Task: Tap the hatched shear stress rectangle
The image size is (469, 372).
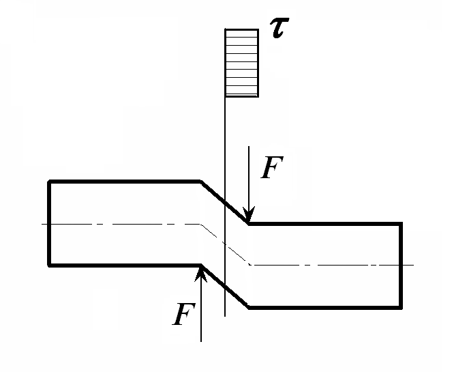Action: pyautogui.click(x=241, y=62)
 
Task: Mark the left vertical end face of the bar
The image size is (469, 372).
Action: pyautogui.click(x=49, y=223)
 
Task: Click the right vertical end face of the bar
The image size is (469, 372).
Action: pyautogui.click(x=400, y=265)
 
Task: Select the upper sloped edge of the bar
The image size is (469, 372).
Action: pyautogui.click(x=224, y=202)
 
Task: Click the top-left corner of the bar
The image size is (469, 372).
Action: pyautogui.click(x=49, y=181)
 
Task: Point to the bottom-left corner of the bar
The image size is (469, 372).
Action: pyautogui.click(x=49, y=265)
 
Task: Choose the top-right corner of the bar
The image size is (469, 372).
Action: pyautogui.click(x=400, y=223)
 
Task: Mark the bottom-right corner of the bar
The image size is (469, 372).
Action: pyautogui.click(x=400, y=306)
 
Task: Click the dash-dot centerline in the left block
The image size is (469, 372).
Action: pyautogui.click(x=123, y=224)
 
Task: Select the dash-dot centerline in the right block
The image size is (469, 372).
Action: pyautogui.click(x=327, y=264)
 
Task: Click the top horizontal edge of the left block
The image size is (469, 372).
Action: pyautogui.click(x=123, y=181)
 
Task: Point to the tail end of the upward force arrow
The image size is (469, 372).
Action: pyautogui.click(x=201, y=339)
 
